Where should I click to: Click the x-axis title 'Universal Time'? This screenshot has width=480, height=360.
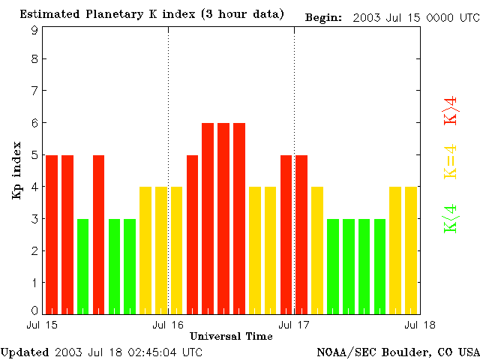click(x=231, y=336)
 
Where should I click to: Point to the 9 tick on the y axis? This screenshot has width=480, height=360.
click(x=34, y=31)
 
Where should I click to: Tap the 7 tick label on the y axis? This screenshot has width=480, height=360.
click(x=34, y=91)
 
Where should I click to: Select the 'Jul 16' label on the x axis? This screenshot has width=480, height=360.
click(x=168, y=325)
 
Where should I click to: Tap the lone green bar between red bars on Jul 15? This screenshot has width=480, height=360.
click(x=83, y=266)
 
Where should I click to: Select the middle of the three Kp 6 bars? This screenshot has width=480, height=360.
click(x=223, y=218)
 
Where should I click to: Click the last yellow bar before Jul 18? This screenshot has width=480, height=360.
click(x=411, y=250)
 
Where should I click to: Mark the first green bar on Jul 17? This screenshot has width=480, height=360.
click(x=333, y=266)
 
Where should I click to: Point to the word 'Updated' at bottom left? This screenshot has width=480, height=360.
click(x=25, y=351)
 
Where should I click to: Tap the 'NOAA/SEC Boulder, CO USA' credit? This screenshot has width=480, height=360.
click(x=397, y=351)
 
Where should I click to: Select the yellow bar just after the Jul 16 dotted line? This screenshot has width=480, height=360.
click(x=177, y=250)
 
